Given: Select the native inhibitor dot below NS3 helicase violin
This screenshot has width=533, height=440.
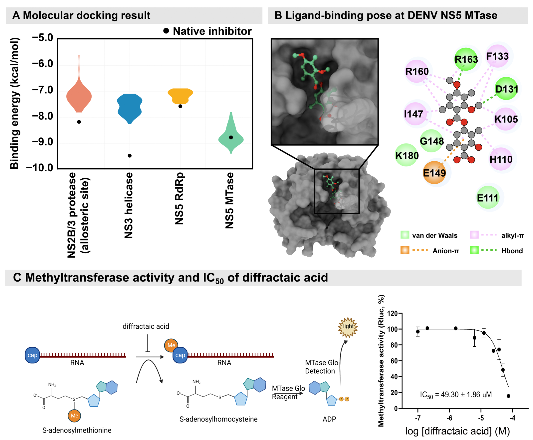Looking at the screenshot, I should [129, 156].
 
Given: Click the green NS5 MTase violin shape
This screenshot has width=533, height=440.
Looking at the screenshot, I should [231, 137].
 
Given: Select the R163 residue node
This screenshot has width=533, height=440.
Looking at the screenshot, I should [466, 59].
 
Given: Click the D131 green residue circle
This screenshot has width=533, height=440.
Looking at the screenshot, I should [506, 89].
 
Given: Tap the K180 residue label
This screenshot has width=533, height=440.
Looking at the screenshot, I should [407, 155].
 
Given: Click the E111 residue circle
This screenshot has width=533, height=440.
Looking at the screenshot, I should [487, 198].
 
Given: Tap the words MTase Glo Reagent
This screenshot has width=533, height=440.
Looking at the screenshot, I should [288, 392].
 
